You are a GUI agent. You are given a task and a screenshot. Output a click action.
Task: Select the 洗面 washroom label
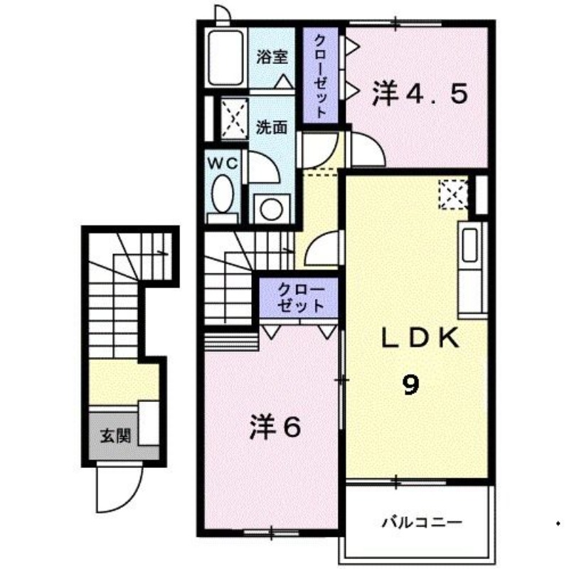[x=272, y=129]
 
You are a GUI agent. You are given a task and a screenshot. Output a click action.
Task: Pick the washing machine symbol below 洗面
[x=270, y=208]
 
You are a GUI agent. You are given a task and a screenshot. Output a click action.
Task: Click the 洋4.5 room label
[x=419, y=93]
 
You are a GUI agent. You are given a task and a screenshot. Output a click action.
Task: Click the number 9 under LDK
[x=410, y=385]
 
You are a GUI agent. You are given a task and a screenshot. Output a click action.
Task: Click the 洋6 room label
[x=275, y=426]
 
